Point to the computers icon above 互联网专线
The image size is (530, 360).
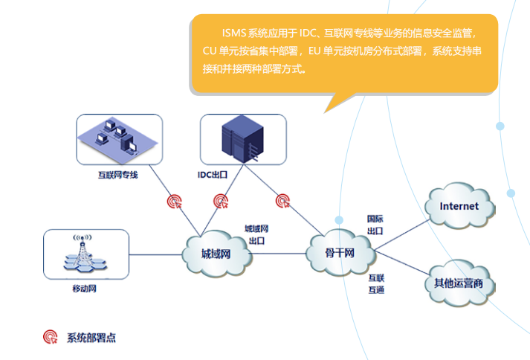[119, 139]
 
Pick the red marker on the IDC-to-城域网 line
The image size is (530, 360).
[221, 200]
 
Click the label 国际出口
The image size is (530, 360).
[375, 225]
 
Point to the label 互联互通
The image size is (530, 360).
[375, 283]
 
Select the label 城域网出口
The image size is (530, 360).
[256, 234]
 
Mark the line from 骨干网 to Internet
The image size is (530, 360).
[401, 228]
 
